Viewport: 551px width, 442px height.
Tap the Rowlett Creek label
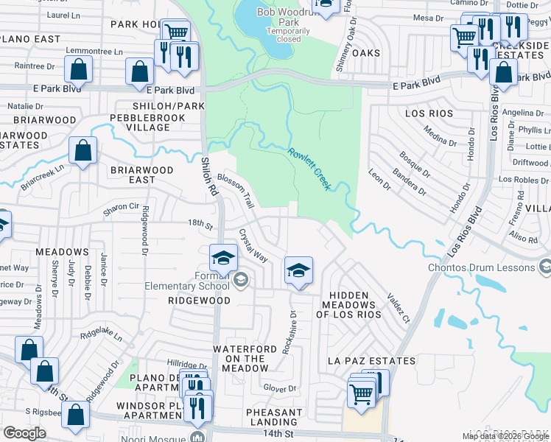click(309, 169)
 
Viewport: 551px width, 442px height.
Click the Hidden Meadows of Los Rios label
click(348, 305)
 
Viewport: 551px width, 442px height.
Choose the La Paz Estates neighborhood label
click(372, 361)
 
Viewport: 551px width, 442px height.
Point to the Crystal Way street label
click(253, 245)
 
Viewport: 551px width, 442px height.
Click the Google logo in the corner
click(24, 433)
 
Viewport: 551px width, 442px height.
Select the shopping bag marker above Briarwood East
click(83, 150)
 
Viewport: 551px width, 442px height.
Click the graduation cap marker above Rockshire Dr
click(298, 270)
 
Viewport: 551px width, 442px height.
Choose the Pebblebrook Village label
click(139, 122)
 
